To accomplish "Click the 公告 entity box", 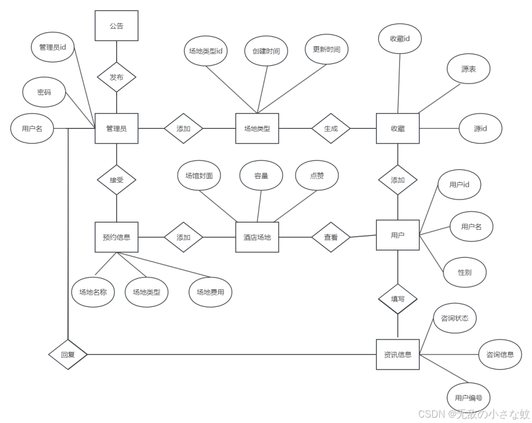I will click(116, 26).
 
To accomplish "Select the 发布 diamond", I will click(116, 77).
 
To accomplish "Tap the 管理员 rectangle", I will click(116, 128).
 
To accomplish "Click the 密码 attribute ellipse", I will click(44, 93).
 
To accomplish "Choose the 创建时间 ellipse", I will click(266, 51).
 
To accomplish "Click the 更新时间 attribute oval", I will click(326, 49).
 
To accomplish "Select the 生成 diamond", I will click(331, 128).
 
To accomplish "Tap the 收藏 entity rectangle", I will click(397, 128).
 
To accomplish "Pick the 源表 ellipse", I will click(468, 69).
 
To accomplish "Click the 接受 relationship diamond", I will click(116, 180).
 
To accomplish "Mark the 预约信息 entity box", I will click(116, 237).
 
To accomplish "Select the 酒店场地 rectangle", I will click(257, 237).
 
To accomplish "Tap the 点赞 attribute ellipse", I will click(316, 175).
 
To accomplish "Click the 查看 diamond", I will click(331, 237).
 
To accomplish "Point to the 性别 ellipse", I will click(464, 272).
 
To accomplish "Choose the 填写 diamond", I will click(397, 298).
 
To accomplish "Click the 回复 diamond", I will click(68, 354).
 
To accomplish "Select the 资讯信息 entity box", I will click(397, 354).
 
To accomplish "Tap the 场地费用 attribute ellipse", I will click(210, 291).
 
